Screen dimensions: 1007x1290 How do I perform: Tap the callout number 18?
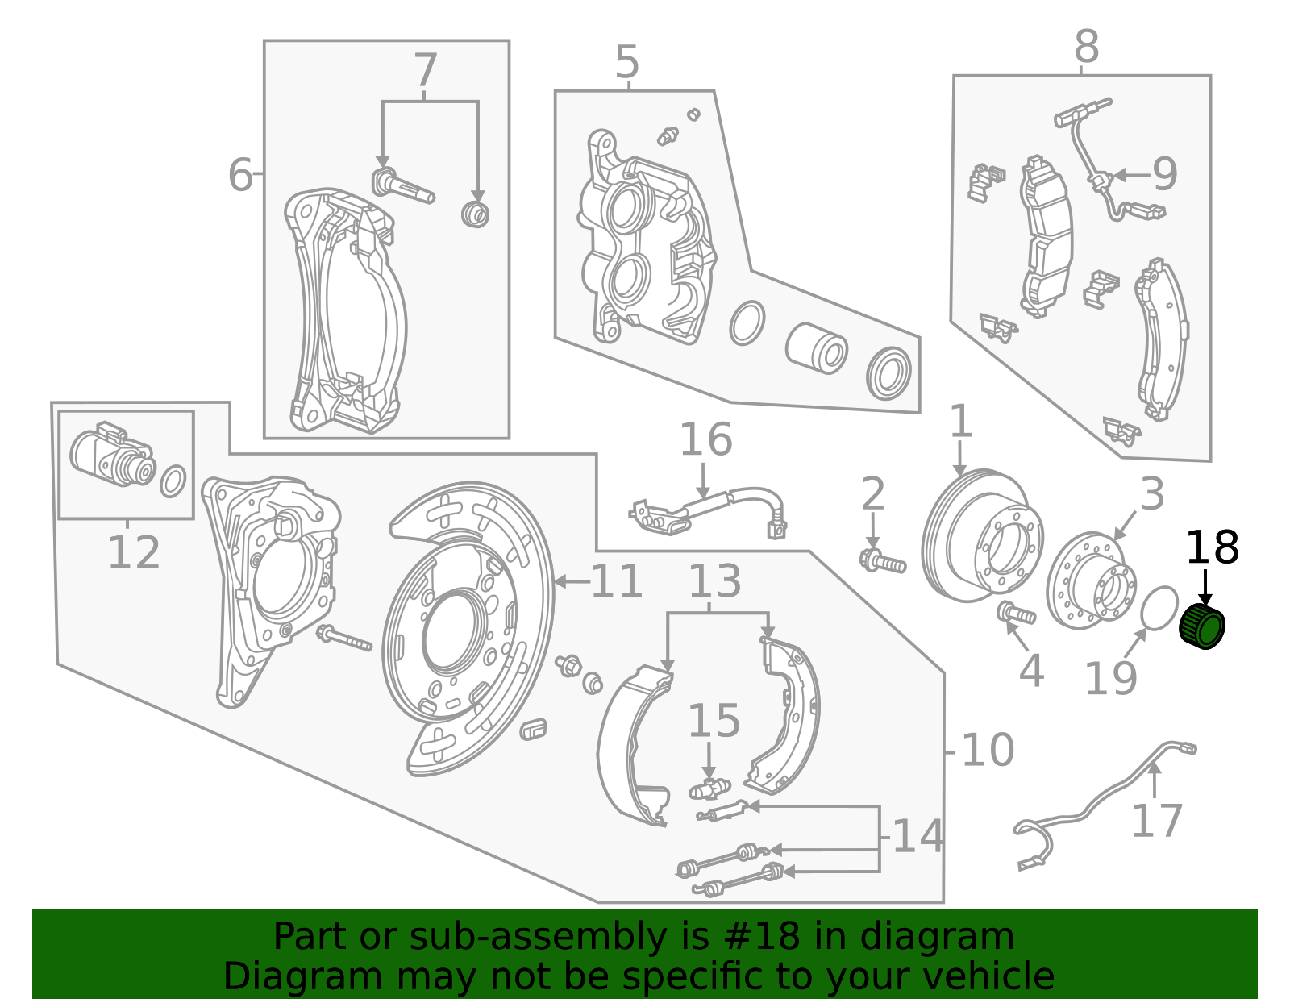1212,548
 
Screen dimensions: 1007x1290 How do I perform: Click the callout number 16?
705,440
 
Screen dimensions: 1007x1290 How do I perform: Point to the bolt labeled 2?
883,560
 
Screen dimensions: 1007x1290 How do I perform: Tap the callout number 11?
617,582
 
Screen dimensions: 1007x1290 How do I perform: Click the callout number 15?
714,721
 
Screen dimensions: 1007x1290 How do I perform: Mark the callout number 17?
1156,821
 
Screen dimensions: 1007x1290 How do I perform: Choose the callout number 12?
134,553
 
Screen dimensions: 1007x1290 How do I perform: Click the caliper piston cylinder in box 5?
816,348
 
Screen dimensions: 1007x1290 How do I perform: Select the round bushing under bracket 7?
476,214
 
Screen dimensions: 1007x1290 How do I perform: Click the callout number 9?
1164,174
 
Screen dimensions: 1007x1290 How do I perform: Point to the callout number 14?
918,836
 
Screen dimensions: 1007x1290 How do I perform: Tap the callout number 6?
239,175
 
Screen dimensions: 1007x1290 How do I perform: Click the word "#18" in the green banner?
756,937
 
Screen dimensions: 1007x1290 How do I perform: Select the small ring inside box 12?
173,481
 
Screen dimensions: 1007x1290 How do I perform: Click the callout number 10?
988,751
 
